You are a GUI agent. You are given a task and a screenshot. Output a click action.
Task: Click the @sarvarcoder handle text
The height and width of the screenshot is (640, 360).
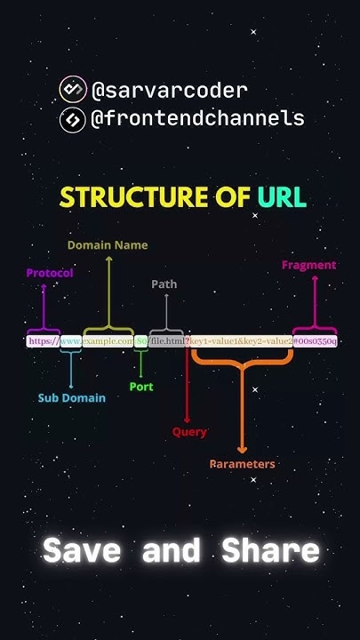click(169, 91)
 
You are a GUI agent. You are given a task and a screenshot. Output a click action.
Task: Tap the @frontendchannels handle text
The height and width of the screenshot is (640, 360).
click(197, 118)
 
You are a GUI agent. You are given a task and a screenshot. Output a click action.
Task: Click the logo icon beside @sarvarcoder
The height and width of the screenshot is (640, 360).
click(72, 90)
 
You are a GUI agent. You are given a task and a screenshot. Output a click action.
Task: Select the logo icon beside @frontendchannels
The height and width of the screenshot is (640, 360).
click(72, 118)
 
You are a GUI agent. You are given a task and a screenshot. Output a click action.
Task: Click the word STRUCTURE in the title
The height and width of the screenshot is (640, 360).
click(142, 197)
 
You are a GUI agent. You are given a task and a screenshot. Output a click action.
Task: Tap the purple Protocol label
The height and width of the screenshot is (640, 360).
click(50, 274)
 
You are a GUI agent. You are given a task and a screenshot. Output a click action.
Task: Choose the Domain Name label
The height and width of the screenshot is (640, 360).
click(108, 244)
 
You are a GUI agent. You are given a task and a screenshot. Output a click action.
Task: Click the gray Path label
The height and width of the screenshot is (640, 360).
click(164, 284)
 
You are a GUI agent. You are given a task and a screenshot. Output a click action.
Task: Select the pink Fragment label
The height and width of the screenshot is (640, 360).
click(308, 265)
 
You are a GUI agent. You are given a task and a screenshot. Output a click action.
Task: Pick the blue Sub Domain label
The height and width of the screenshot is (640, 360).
click(71, 398)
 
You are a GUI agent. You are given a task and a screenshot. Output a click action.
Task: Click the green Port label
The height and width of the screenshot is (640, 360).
click(141, 387)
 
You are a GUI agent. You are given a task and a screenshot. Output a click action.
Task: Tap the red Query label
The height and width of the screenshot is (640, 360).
click(189, 432)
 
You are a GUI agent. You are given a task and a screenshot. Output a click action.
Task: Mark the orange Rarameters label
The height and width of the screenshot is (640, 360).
click(242, 464)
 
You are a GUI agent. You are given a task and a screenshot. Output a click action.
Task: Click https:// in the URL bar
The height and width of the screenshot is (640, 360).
click(42, 340)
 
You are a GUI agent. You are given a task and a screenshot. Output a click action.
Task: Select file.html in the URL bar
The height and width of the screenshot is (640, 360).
click(167, 340)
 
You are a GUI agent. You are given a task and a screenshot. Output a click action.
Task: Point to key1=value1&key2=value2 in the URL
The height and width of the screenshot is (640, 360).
click(242, 340)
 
